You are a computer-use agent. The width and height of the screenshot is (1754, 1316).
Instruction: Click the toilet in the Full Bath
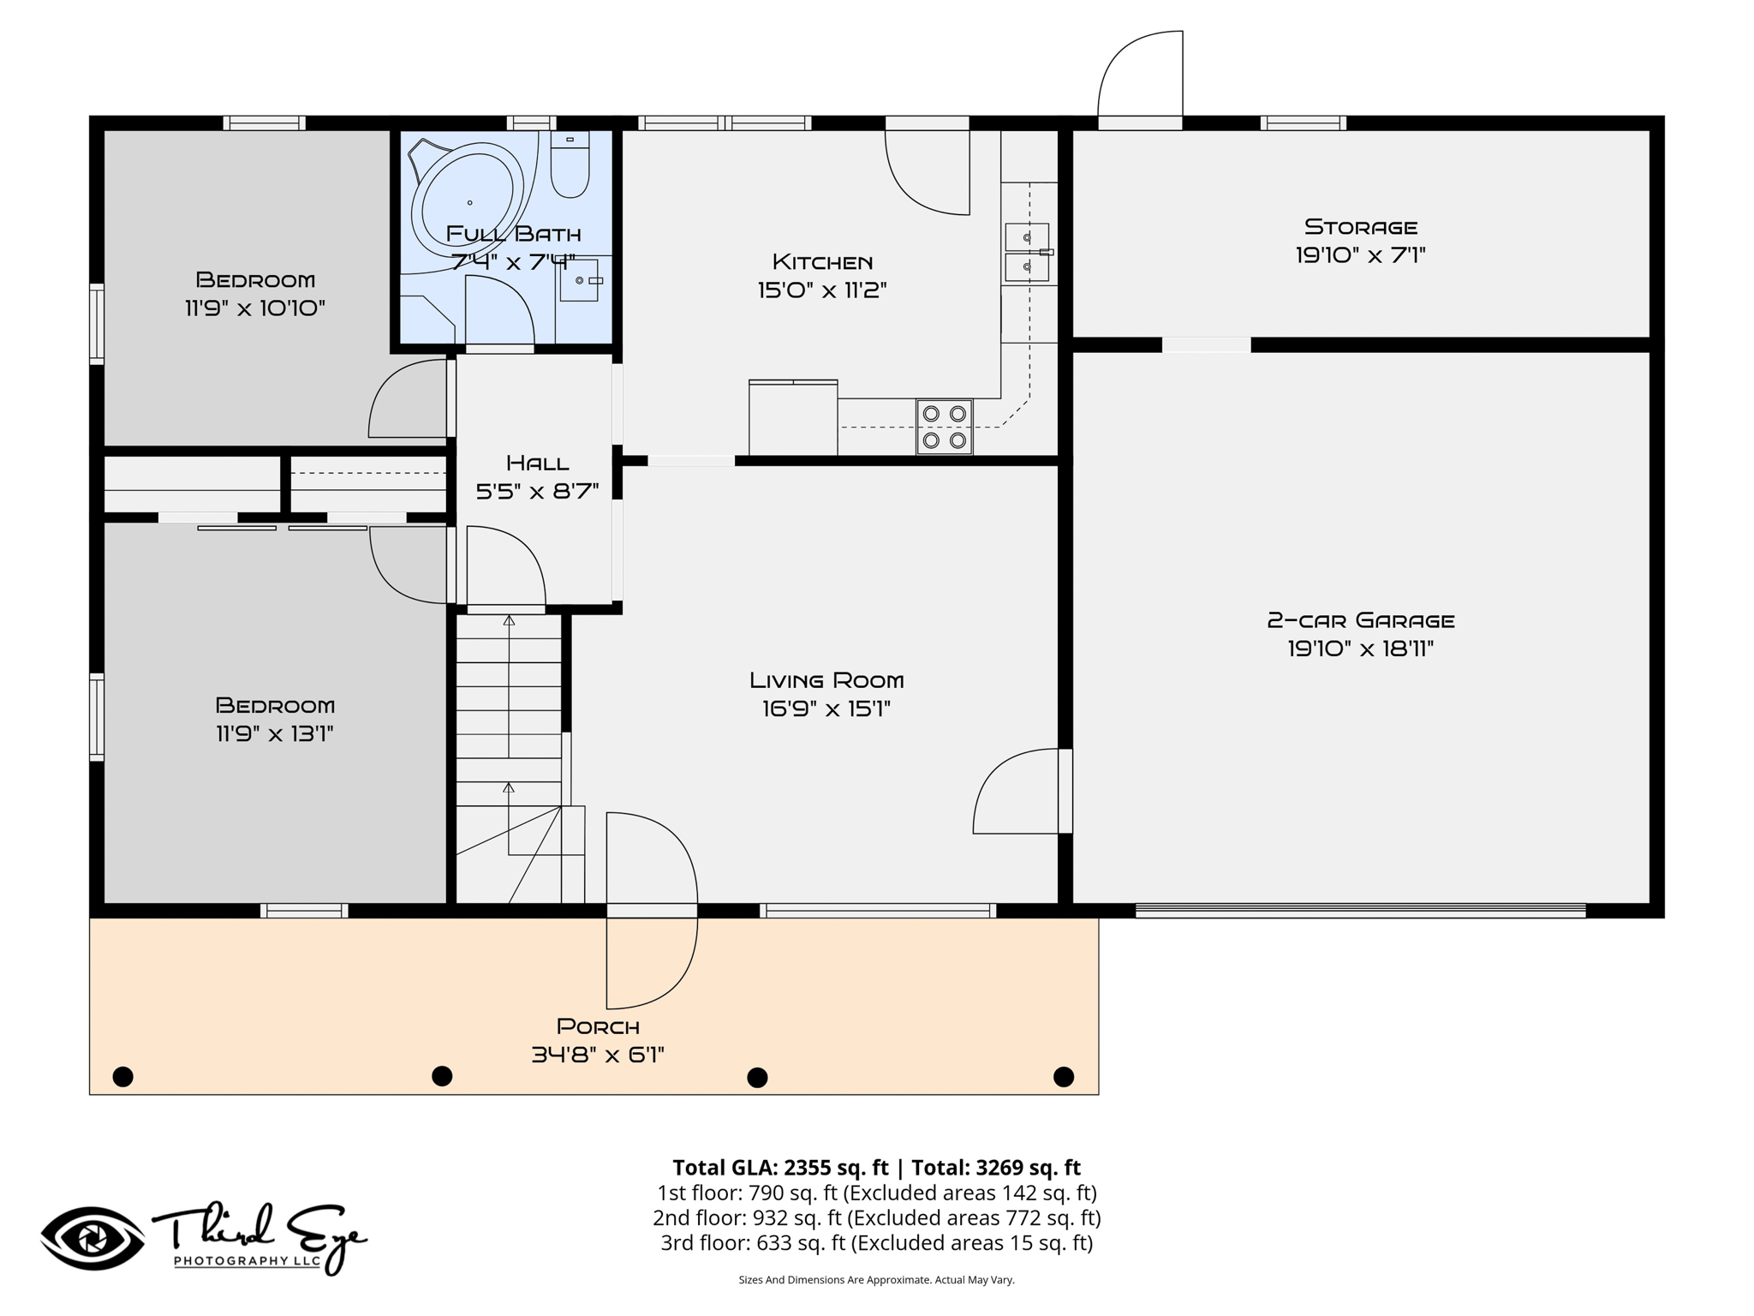click(570, 164)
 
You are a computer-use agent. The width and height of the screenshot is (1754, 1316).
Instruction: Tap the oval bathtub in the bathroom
click(467, 203)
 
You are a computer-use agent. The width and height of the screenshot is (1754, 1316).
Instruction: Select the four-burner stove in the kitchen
click(944, 427)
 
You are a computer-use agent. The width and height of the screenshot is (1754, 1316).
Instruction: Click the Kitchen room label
click(822, 261)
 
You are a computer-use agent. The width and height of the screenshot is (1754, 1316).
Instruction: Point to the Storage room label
click(1361, 227)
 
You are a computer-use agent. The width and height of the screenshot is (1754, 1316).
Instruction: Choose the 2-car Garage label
click(1361, 620)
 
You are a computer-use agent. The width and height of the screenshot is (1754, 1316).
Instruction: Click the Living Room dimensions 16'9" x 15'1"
click(826, 709)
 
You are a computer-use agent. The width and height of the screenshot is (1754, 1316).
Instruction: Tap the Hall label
click(538, 464)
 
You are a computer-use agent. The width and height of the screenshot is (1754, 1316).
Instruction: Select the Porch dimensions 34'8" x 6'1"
click(598, 1055)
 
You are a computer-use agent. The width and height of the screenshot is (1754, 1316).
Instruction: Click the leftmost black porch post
click(123, 1077)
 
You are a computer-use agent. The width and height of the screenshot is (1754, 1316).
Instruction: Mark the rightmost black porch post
click(1064, 1077)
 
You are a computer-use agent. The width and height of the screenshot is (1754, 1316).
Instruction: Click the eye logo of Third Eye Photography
click(92, 1239)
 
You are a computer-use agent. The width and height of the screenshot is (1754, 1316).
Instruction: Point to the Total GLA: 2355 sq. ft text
click(780, 1168)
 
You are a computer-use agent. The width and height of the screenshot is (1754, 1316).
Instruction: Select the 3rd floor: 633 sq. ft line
click(876, 1243)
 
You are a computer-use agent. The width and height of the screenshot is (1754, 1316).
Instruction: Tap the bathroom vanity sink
click(580, 280)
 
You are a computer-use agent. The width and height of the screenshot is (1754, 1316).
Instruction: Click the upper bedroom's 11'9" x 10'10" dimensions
click(255, 308)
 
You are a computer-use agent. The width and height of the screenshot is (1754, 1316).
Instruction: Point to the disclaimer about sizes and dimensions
click(876, 1280)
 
